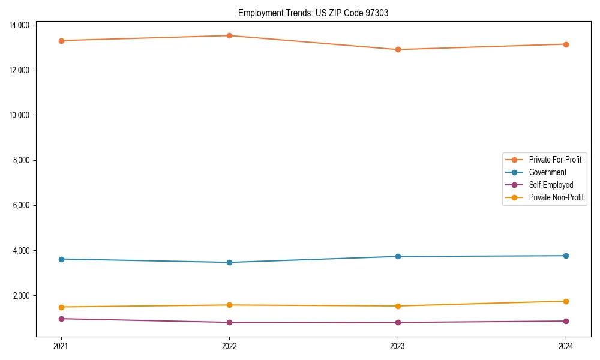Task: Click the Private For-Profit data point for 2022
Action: coord(229,35)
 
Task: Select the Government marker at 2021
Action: coord(61,259)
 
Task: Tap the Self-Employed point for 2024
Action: coord(566,321)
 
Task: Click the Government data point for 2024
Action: coord(566,256)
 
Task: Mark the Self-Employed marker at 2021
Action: coord(61,319)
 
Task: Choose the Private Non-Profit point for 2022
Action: coord(229,305)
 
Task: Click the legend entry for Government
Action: coord(547,172)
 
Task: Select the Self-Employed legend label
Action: coord(551,185)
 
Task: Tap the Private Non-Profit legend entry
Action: coord(556,197)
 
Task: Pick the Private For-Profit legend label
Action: coord(555,160)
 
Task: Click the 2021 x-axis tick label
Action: coord(61,346)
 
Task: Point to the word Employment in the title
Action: coord(259,13)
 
